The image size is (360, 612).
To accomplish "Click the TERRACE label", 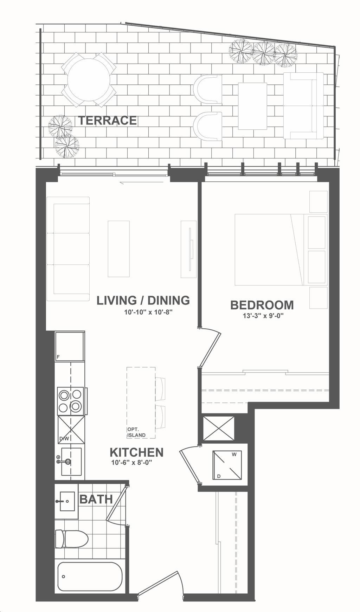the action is point(107,120).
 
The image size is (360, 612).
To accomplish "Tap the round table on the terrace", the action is point(89,80).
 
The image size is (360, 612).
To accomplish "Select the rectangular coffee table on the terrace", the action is point(252,106).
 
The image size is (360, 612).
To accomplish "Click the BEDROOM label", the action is point(262,305).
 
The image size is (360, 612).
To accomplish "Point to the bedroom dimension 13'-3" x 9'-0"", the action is point(263,316).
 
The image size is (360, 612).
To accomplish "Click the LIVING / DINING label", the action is point(143,300).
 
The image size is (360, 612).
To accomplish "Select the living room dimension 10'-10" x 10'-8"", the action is point(148,311).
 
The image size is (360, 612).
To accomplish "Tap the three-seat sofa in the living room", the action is point(68,249).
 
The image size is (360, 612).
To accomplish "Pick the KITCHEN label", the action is point(136,452).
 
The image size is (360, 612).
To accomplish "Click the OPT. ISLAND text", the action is point(136,432).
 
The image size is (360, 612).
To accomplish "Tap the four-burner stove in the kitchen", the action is point(71,401).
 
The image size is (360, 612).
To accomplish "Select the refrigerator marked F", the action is point(70,346).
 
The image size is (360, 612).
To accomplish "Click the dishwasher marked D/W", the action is point(71,430).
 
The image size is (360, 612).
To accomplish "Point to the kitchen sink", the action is point(70,462).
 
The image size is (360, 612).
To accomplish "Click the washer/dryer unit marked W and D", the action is point(227,465).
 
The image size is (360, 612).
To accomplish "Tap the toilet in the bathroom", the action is point(71,539).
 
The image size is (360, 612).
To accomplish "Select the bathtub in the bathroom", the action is point(90,576).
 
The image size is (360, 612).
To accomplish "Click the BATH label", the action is point(96,499).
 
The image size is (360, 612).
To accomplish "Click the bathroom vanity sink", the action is point(67,501).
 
